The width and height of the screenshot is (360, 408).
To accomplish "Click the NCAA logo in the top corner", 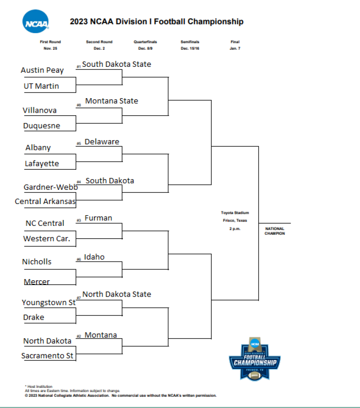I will click(x=36, y=21).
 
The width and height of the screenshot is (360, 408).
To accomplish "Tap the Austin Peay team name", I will click(x=42, y=70).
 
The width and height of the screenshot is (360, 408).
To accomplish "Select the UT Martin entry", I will click(x=41, y=86).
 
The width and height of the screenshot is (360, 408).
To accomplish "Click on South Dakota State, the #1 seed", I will click(x=116, y=64).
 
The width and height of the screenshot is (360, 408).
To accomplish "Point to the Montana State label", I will click(x=111, y=101).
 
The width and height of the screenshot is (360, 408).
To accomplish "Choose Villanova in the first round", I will click(x=39, y=110).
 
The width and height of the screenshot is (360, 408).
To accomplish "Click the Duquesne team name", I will click(x=42, y=126).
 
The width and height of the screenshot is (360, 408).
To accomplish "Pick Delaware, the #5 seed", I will click(x=102, y=142).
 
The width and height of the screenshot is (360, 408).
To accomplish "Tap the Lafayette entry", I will click(x=42, y=163).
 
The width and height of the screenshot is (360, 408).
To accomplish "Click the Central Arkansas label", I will click(x=45, y=201).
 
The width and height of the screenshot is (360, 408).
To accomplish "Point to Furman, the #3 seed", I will click(x=98, y=218).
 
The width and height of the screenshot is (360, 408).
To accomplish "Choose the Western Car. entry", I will click(x=46, y=239).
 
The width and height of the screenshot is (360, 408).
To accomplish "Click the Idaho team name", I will click(x=94, y=257).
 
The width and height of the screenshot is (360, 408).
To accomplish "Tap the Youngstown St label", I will click(x=48, y=303).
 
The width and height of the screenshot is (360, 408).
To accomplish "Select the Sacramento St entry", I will click(x=47, y=356).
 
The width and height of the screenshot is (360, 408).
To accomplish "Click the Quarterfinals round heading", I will click(x=145, y=42).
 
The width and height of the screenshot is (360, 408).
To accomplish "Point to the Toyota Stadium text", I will click(x=235, y=213).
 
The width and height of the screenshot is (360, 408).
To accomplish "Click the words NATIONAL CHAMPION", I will click(x=275, y=231).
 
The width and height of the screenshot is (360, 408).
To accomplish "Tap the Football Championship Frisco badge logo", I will click(x=255, y=358).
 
